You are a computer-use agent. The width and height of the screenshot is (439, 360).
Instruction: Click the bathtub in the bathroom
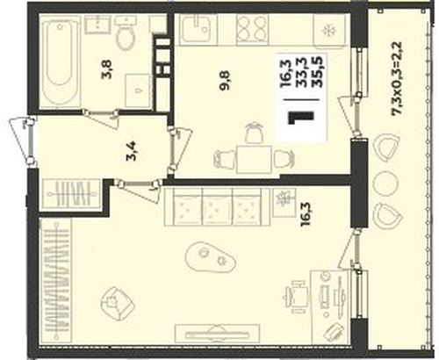pos(61,61)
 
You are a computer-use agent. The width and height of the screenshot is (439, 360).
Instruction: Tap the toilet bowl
pos(126,32)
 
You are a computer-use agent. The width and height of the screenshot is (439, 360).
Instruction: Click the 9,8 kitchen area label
pos(226,81)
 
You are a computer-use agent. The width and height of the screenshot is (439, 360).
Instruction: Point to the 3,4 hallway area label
pos(132,152)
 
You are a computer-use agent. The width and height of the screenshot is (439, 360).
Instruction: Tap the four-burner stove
pos(252,29)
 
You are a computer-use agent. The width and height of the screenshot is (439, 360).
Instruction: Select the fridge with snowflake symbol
pos(329,30)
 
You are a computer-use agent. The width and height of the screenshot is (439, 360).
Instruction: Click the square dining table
pos(254,160)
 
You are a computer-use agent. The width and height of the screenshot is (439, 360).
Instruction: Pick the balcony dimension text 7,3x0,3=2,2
pos(397,78)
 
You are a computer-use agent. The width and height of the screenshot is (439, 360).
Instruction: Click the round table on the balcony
pos(385,184)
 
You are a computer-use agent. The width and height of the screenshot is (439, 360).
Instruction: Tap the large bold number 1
pos(301,118)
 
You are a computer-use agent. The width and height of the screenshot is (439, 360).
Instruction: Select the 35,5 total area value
pos(317,73)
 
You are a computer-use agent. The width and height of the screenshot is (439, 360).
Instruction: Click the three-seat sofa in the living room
pos(217,206)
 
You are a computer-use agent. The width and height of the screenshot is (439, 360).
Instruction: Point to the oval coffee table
pos(210,256)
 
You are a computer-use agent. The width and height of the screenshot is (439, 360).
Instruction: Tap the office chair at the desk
pos(296,297)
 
